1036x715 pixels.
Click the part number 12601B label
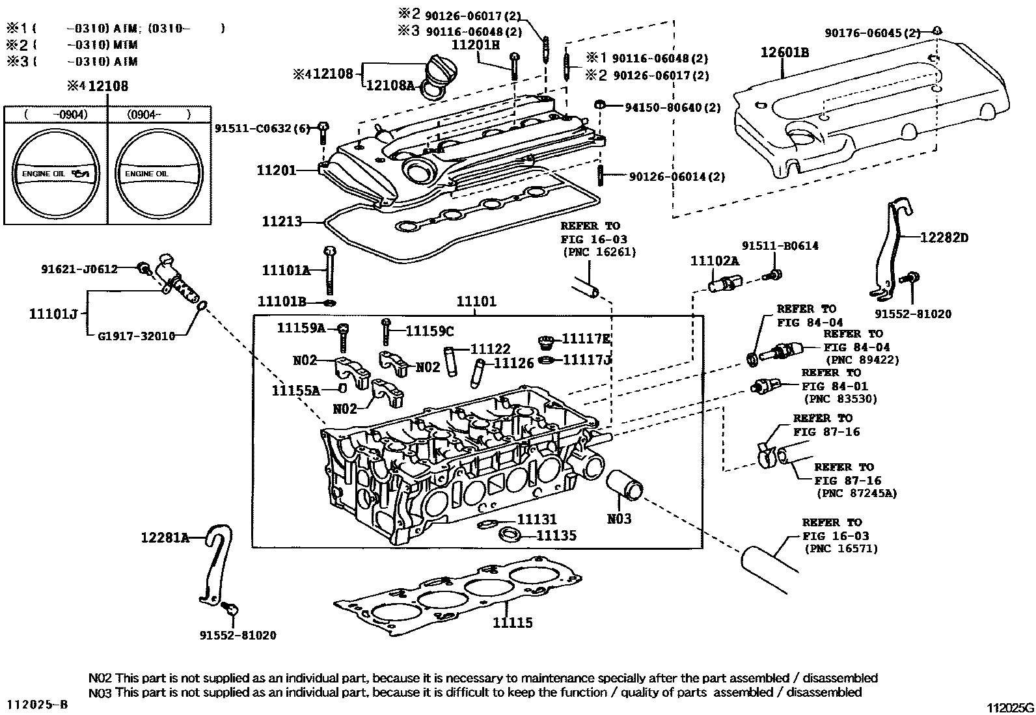(x=785, y=53)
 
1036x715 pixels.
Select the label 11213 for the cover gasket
(x=282, y=222)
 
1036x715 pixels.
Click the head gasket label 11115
(x=512, y=623)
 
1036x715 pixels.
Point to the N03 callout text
(x=619, y=519)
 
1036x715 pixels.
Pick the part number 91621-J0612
(x=79, y=269)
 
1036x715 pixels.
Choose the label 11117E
(x=586, y=339)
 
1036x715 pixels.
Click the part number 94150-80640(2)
(x=672, y=107)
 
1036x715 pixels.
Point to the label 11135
(x=556, y=535)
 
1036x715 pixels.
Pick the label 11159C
(x=429, y=331)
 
